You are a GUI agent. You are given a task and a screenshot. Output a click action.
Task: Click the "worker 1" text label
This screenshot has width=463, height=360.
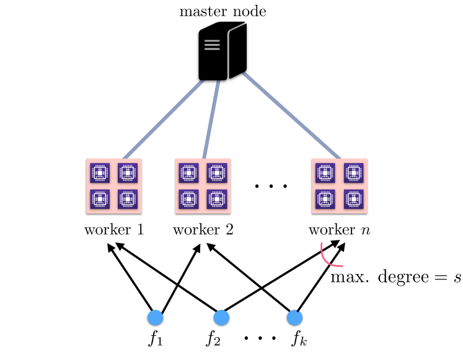coord(114,230)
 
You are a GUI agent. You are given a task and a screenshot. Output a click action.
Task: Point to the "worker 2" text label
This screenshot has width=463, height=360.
coord(203,230)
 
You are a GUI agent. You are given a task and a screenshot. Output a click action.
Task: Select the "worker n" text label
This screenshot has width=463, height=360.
coord(340,230)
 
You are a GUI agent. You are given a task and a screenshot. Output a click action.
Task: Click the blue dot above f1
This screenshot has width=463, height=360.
coord(155,318)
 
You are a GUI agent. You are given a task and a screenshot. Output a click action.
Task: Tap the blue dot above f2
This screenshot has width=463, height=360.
coord(221,318)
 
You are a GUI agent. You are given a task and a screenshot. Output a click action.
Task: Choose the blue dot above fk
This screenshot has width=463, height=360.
coord(294,318)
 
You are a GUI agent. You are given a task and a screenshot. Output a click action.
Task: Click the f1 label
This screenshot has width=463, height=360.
coord(155,340)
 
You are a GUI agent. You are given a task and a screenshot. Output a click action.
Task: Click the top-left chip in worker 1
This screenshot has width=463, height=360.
coord(100,172)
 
